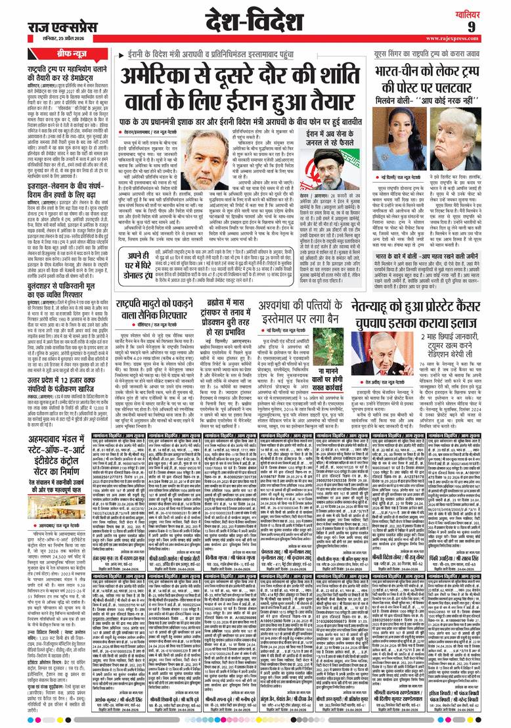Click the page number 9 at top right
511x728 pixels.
pos(489,26)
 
